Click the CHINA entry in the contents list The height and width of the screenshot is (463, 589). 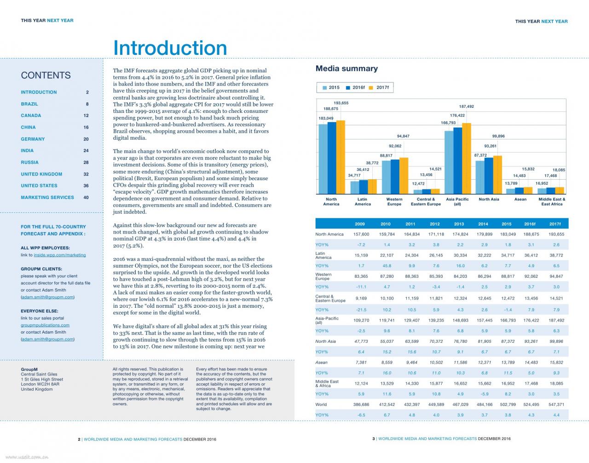point(28,127)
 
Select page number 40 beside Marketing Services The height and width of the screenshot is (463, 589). point(86,198)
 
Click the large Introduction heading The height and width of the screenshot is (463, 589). point(170,48)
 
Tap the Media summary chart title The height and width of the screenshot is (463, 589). point(346,68)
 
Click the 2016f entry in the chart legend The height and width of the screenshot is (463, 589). point(355,88)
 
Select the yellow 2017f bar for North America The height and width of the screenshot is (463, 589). point(341,157)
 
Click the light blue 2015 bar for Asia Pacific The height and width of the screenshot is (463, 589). point(449,162)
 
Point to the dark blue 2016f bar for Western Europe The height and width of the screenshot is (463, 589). point(395,176)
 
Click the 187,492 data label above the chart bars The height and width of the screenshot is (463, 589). point(466,106)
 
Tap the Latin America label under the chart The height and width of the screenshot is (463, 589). point(363,201)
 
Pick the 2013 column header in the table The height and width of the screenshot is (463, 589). point(459,224)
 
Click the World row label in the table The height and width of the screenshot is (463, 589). point(321,404)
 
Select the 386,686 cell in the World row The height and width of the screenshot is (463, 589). point(361,404)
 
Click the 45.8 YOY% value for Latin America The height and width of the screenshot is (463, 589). point(387,265)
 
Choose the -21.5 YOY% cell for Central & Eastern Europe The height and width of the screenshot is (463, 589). point(361,310)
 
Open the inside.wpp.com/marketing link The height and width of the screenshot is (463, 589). point(60,255)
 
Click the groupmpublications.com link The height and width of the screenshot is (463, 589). point(45,325)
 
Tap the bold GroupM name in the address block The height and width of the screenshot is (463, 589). point(29,369)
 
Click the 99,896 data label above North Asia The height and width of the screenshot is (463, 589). point(498,136)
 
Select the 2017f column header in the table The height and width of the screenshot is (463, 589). point(555,224)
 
